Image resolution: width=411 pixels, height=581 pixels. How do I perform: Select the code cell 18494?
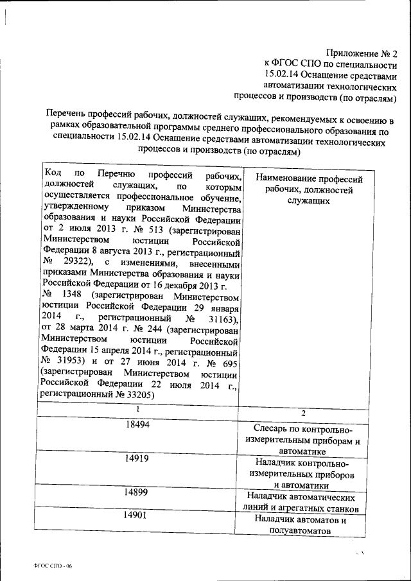[136, 426]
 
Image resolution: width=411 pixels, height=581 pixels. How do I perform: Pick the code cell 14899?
[136, 492]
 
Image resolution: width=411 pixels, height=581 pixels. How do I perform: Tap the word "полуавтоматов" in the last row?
[301, 532]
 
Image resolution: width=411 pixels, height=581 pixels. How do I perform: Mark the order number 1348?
[71, 296]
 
